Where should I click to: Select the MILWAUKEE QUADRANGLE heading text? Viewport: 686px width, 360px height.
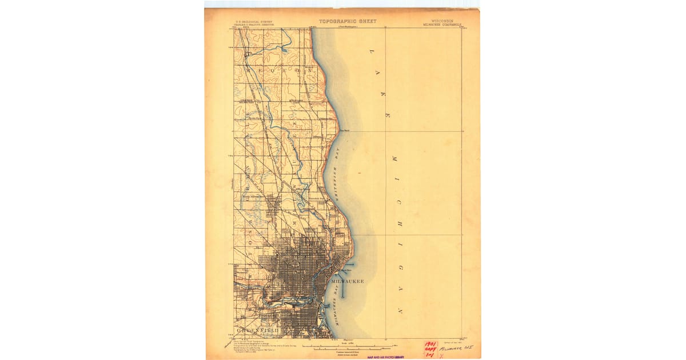coord(442,25)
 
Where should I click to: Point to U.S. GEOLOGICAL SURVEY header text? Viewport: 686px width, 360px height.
coord(254,22)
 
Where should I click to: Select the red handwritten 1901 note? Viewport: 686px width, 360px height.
coord(430,345)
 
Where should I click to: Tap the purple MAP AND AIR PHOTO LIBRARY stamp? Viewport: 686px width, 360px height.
coord(385,357)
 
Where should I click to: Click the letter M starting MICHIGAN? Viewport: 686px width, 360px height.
coord(393,157)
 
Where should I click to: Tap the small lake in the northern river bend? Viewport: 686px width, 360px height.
coord(284,50)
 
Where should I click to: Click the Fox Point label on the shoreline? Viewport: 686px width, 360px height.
coord(345,130)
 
